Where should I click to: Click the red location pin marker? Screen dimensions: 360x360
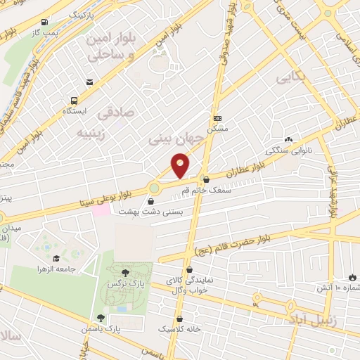[x=180, y=166]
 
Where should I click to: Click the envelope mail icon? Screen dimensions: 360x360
[x=90, y=82]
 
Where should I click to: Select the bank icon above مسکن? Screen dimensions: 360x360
[x=218, y=118]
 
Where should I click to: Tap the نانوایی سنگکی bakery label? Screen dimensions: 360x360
[x=285, y=150]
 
